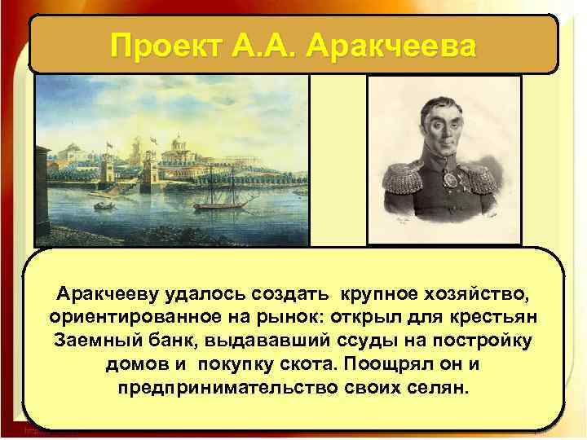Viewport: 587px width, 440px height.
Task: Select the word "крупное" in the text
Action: pos(367,293)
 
